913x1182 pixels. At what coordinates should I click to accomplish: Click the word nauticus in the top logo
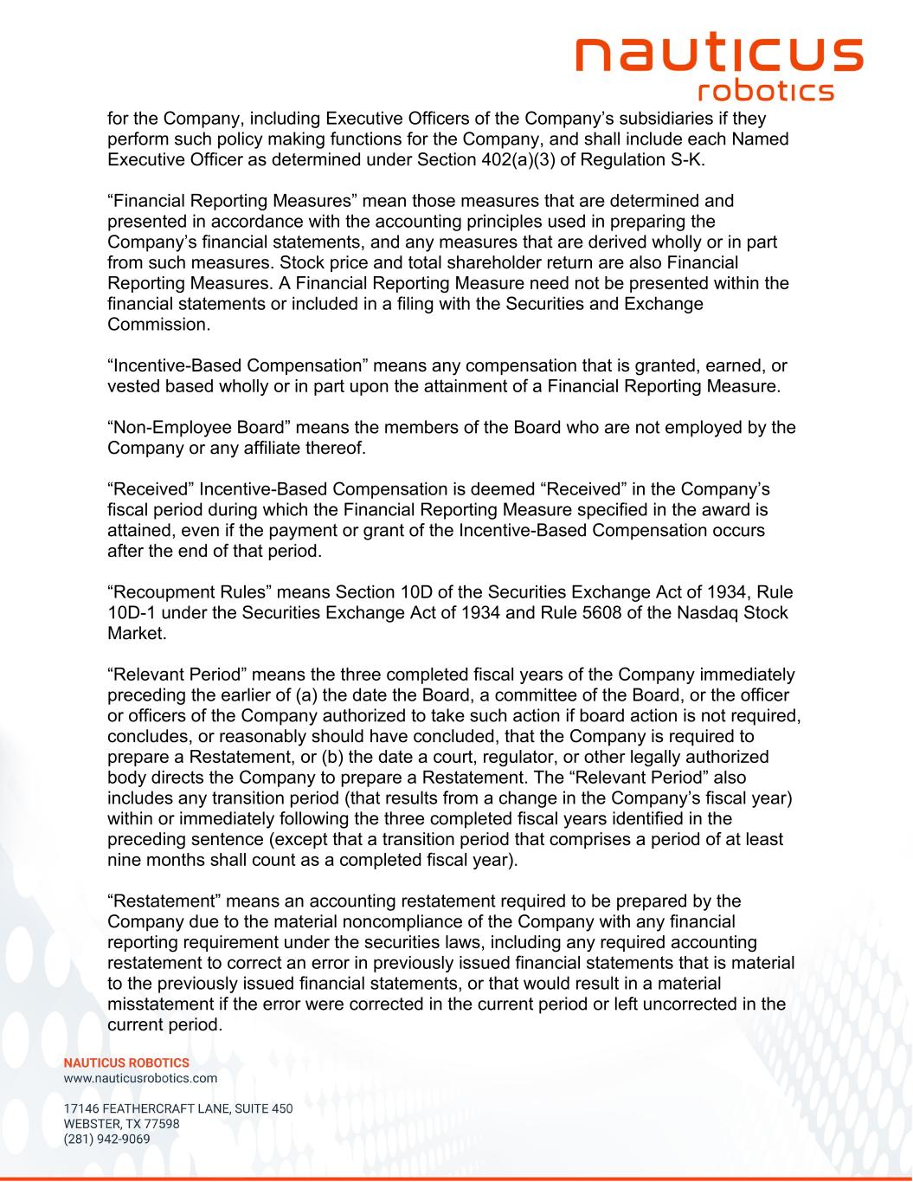(719, 54)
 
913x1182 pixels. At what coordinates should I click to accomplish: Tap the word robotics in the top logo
(765, 91)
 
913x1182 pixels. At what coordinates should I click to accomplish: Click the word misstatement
(161, 1004)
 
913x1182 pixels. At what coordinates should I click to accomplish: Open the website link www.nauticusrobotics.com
(140, 1079)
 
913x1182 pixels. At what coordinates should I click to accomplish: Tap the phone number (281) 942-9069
(106, 1140)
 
